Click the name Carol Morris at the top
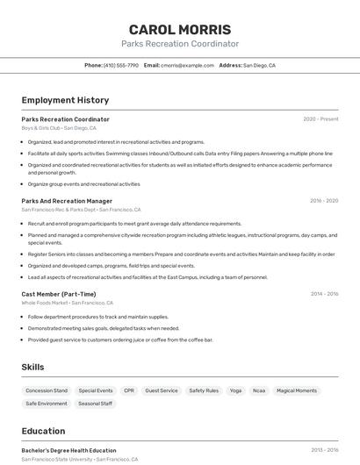180,30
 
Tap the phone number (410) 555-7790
121,65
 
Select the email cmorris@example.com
187,65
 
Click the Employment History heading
65,100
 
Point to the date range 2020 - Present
320,119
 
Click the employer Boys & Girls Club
40,128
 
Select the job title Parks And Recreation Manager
67,201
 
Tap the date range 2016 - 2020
323,201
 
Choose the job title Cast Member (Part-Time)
59,294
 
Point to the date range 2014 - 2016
323,294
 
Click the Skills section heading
32,367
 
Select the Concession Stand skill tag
47,390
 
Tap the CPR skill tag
129,390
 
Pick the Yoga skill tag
235,390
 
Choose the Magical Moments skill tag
297,390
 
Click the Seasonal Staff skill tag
95,404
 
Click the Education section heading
43,431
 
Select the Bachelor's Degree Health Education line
68,450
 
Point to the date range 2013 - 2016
323,450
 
